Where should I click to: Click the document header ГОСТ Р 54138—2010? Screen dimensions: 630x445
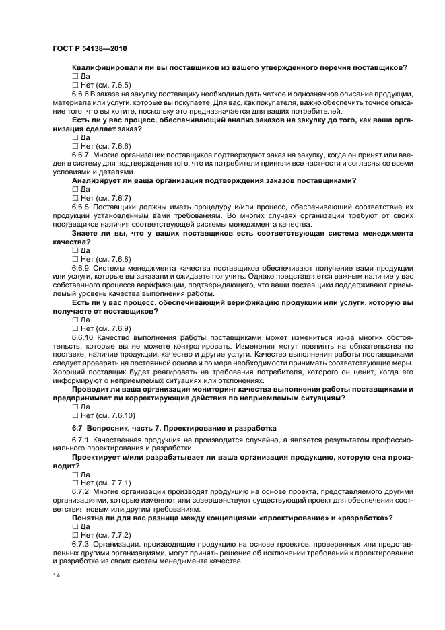[89, 49]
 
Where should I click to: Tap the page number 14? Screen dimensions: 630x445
[57, 577]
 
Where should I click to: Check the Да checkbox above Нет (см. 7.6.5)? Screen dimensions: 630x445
[75, 77]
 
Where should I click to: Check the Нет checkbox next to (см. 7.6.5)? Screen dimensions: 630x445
[75, 85]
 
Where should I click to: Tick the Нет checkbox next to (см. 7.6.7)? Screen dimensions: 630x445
[75, 198]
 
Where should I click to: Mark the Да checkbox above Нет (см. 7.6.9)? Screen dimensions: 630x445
[75, 320]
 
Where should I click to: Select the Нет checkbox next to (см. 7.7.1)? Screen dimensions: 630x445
[75, 483]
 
